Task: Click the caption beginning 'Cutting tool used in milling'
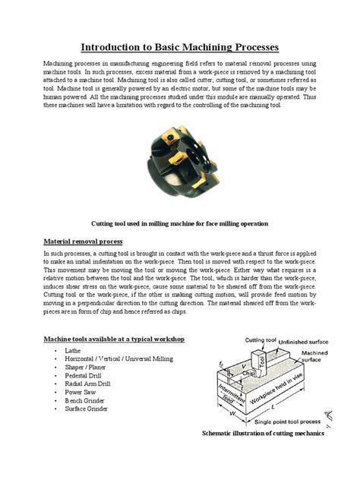(179, 224)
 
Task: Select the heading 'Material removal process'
(81, 242)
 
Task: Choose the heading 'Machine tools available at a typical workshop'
(112, 337)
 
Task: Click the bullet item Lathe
(74, 352)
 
